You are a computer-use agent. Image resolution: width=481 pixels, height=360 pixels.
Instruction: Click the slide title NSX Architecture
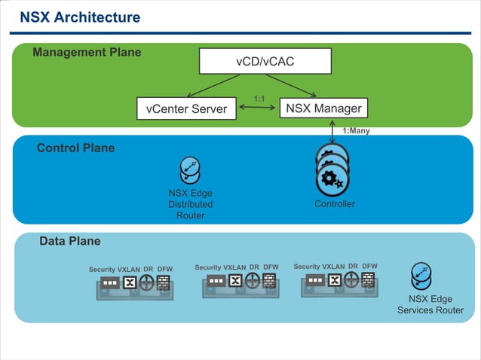click(79, 17)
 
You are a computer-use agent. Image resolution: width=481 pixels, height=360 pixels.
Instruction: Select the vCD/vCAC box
click(265, 61)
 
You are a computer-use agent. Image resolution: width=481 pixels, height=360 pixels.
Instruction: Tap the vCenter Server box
click(186, 108)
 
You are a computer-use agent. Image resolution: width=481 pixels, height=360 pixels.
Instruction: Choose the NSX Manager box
click(323, 108)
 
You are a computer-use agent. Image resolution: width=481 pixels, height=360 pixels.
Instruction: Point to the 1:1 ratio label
click(259, 99)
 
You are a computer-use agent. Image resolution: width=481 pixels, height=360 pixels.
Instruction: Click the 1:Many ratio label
click(356, 130)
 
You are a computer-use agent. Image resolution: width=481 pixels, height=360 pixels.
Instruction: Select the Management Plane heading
click(87, 53)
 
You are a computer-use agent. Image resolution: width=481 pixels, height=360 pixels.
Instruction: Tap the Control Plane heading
click(75, 148)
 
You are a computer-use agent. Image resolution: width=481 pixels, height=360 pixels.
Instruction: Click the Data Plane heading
click(69, 241)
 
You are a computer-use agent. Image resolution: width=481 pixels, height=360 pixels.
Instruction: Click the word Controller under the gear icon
click(335, 204)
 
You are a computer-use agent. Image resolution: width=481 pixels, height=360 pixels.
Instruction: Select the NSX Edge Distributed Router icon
click(190, 170)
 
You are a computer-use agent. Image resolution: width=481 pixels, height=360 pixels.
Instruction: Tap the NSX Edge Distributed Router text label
click(190, 204)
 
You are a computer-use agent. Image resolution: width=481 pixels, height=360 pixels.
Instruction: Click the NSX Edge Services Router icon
click(421, 276)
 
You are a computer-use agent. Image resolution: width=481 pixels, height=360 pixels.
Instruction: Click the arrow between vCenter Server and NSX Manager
click(259, 108)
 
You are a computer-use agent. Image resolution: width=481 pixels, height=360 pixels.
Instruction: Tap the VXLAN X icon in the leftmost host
click(130, 283)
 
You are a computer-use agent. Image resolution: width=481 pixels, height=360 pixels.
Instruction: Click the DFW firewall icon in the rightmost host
click(368, 280)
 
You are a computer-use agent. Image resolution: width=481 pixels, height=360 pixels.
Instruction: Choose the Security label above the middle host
click(208, 267)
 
